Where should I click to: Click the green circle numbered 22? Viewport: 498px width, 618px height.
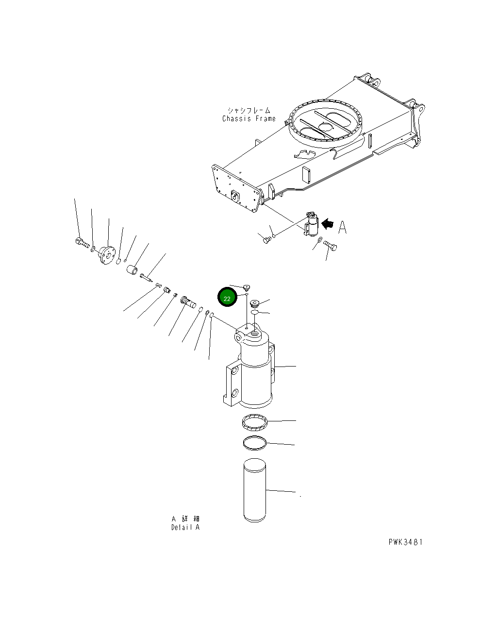227,298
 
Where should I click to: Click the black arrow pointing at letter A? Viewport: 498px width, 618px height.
329,223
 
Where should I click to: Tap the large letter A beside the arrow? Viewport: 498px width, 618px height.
343,227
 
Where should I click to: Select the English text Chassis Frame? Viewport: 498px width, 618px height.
249,118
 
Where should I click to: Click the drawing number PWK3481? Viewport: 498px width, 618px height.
405,542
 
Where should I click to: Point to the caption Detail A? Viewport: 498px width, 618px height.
185,527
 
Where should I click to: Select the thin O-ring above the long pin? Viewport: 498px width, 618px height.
254,442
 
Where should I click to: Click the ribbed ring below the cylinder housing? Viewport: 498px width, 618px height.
254,422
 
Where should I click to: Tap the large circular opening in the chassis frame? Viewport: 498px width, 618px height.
326,121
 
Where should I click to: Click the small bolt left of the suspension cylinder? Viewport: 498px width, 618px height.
266,238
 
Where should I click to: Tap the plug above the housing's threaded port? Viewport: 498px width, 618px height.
254,303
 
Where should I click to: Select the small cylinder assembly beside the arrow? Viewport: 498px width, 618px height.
311,224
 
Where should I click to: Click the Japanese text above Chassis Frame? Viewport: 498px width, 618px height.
249,111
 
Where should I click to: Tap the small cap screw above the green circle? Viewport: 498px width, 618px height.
247,287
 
